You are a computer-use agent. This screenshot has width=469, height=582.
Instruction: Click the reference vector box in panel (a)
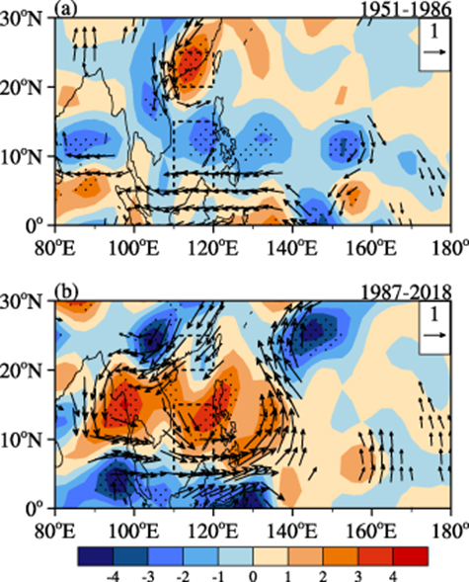[432, 46]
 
